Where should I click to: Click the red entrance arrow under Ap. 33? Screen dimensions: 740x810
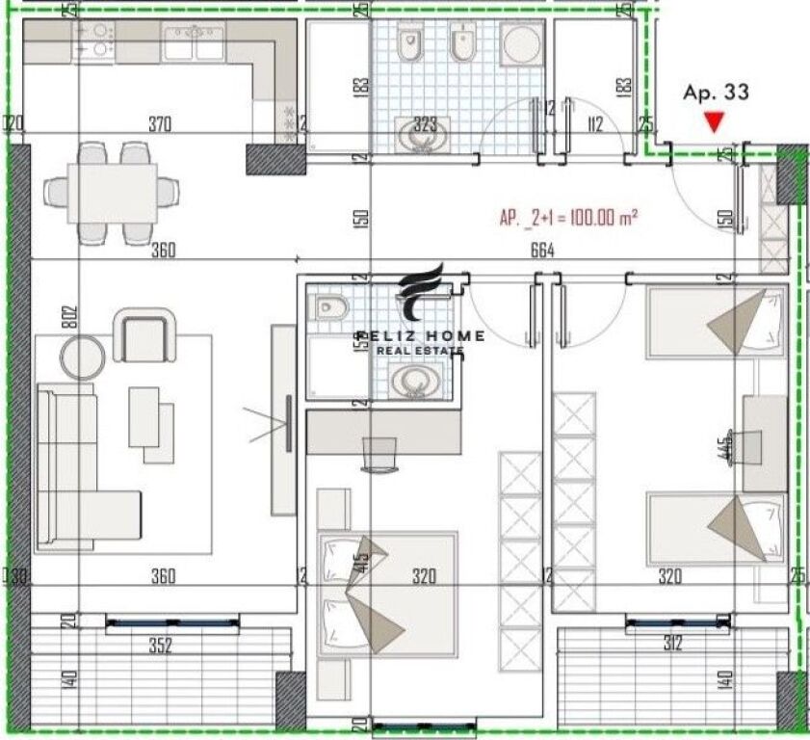pyautogui.click(x=713, y=122)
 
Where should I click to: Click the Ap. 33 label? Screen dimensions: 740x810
pyautogui.click(x=715, y=93)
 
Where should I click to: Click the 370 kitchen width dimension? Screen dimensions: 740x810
pyautogui.click(x=160, y=123)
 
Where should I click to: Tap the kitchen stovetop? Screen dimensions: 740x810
pyautogui.click(x=93, y=41)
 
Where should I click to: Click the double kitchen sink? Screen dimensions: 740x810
pyautogui.click(x=194, y=41)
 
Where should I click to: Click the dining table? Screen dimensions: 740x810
pyautogui.click(x=113, y=192)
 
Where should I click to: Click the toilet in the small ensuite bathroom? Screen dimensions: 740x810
pyautogui.click(x=329, y=306)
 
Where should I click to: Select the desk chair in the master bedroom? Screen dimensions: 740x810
pyautogui.click(x=379, y=453)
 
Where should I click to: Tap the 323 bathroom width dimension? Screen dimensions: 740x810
pyautogui.click(x=426, y=123)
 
